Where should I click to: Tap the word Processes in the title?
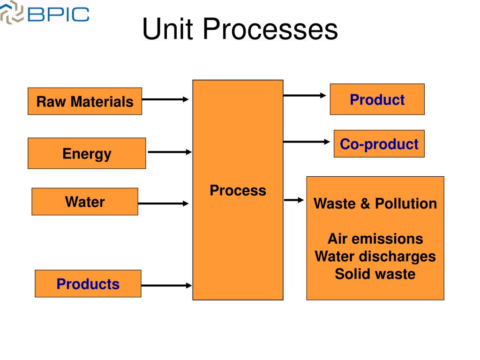pyautogui.click(x=270, y=29)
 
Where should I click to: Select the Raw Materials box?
pyautogui.click(x=85, y=101)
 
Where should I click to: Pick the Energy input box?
pyautogui.click(x=87, y=153)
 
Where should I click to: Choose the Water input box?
pyautogui.click(x=85, y=202)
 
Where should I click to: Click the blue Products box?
pyautogui.click(x=88, y=284)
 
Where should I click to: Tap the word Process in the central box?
pyautogui.click(x=238, y=190)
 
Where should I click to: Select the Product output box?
pyautogui.click(x=377, y=99)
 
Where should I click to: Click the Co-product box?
pyautogui.click(x=379, y=144)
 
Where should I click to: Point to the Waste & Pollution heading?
pyautogui.click(x=375, y=203)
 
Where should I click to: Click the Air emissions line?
pyautogui.click(x=375, y=239)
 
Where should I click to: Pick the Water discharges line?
pyautogui.click(x=375, y=256)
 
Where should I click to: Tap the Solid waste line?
pyautogui.click(x=375, y=274)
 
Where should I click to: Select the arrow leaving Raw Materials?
pyautogui.click(x=165, y=99)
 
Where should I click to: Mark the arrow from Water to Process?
pyautogui.click(x=163, y=203)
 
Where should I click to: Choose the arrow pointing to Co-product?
pyautogui.click(x=307, y=142)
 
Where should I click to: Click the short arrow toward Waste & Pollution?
pyautogui.click(x=294, y=200)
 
